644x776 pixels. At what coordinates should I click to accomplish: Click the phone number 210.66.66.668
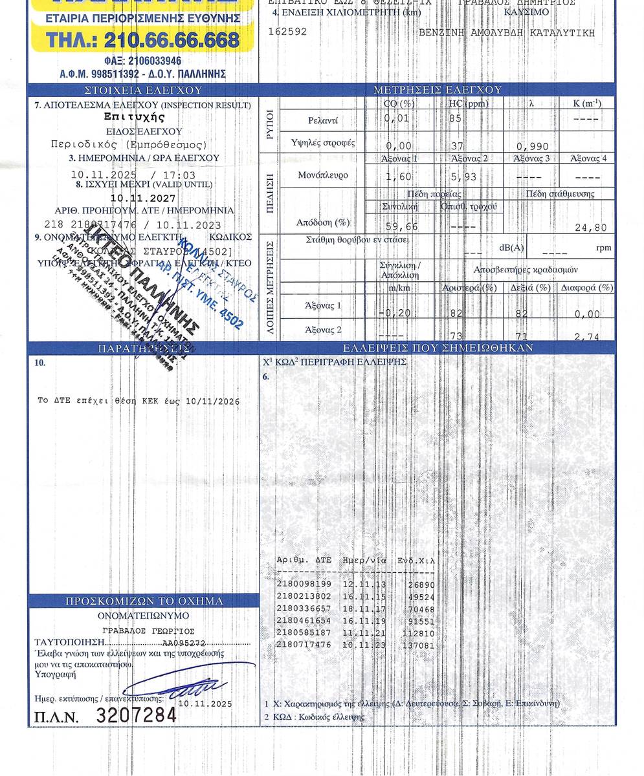pyautogui.click(x=171, y=40)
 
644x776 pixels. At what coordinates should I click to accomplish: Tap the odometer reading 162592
pyautogui.click(x=287, y=32)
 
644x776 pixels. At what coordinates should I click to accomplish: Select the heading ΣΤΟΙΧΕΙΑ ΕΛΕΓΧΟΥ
pyautogui.click(x=144, y=91)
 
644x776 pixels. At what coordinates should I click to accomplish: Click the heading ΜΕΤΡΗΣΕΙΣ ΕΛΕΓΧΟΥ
pyautogui.click(x=438, y=90)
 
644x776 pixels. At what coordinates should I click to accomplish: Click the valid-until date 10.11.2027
pyautogui.click(x=142, y=199)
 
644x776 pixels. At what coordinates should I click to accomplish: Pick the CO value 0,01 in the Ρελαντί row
pyautogui.click(x=396, y=118)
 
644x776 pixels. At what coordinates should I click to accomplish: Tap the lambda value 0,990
pyautogui.click(x=530, y=147)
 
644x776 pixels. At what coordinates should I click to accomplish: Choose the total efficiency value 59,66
pyautogui.click(x=401, y=227)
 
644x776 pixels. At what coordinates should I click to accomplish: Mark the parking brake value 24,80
pyautogui.click(x=590, y=228)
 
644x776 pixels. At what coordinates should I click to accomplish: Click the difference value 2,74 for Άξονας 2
pyautogui.click(x=586, y=337)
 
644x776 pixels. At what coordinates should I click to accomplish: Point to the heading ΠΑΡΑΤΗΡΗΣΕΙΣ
pyautogui.click(x=142, y=349)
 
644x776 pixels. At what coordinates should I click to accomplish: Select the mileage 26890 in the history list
pyautogui.click(x=421, y=585)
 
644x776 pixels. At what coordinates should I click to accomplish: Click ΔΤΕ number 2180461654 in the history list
pyautogui.click(x=304, y=621)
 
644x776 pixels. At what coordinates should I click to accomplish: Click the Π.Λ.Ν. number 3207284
pyautogui.click(x=136, y=715)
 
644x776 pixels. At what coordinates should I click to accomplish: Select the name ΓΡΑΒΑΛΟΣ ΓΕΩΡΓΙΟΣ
pyautogui.click(x=148, y=630)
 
